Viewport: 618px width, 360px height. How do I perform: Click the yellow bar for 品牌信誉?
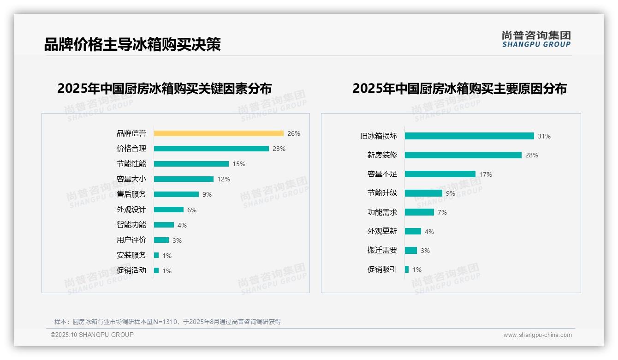point(219,133)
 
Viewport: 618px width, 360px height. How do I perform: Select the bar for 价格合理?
point(211,149)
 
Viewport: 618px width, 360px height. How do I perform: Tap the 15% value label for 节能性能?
point(239,164)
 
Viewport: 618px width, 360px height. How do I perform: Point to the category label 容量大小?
point(131,179)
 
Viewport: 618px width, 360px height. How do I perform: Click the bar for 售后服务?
point(176,194)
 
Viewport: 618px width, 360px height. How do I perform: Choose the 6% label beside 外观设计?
point(192,210)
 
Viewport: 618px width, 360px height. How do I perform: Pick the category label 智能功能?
point(131,225)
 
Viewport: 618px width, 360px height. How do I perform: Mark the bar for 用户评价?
point(161,240)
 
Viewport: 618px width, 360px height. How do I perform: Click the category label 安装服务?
point(131,255)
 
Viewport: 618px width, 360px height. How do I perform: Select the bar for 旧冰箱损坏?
point(469,136)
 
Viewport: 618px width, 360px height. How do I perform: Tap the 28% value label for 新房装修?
point(532,156)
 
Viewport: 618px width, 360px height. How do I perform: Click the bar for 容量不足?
point(440,174)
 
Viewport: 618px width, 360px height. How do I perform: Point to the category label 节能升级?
point(382,193)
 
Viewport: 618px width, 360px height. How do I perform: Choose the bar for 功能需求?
point(419,212)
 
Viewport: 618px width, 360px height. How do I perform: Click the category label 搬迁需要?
point(382,250)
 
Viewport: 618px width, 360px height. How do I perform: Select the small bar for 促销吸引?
point(407,270)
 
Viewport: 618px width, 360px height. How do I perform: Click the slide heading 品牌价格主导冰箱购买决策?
point(132,44)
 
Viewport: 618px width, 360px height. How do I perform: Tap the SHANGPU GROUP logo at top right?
point(536,39)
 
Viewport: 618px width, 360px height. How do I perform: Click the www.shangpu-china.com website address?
point(537,335)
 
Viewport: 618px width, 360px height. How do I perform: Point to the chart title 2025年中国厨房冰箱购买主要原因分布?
point(459,89)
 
